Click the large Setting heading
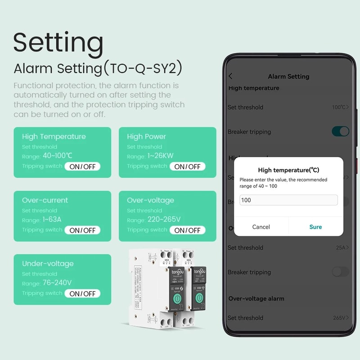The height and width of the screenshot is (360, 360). [58, 43]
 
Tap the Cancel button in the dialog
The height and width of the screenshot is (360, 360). [261, 227]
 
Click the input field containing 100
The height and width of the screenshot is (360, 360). [288, 200]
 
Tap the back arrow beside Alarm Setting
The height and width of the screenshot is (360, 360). [231, 76]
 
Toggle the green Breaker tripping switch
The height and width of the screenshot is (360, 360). [340, 131]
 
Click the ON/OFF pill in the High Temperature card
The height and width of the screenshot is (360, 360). [82, 166]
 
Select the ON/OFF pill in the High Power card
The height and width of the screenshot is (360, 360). [187, 166]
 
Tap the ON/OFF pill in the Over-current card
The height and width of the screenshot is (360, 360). [82, 230]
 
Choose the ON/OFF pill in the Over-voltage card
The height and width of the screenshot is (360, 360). [187, 230]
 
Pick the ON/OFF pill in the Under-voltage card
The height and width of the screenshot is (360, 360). [82, 293]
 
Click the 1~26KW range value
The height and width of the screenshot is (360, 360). [161, 156]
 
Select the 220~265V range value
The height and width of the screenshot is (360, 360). [164, 220]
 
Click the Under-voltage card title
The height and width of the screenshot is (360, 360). [48, 263]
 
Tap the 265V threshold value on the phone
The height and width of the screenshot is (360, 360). [339, 318]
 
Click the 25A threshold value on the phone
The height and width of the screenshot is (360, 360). [341, 247]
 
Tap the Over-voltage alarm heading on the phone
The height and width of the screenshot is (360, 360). [256, 298]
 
